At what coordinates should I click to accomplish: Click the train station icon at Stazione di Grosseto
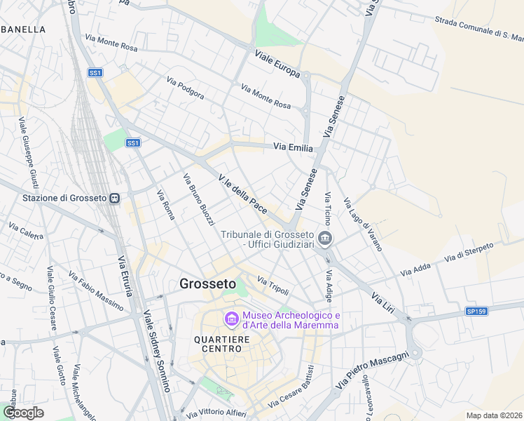pyautogui.click(x=114, y=199)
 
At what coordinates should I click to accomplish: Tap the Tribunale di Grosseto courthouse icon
pyautogui.click(x=324, y=239)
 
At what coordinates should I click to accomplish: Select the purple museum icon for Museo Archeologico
pyautogui.click(x=231, y=320)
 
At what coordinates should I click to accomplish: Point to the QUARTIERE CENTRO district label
pyautogui.click(x=222, y=344)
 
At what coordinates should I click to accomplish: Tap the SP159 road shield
pyautogui.click(x=477, y=311)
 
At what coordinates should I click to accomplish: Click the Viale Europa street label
pyautogui.click(x=277, y=64)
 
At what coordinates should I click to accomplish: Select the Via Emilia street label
pyautogui.click(x=292, y=147)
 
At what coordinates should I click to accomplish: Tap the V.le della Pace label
pyautogui.click(x=243, y=190)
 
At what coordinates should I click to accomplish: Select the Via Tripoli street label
pyautogui.click(x=273, y=285)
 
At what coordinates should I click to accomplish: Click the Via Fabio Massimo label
pyautogui.click(x=95, y=288)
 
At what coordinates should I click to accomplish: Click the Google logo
pyautogui.click(x=23, y=413)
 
